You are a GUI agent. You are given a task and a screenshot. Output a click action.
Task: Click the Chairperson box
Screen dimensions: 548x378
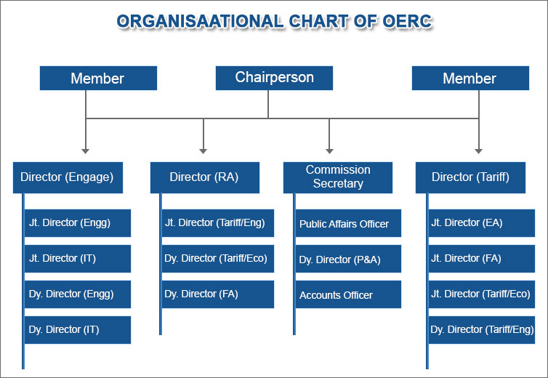pyautogui.click(x=274, y=78)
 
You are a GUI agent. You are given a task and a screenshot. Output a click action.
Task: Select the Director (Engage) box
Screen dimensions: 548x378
pyautogui.click(x=68, y=177)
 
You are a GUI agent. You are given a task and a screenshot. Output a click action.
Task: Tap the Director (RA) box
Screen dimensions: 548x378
pyautogui.click(x=205, y=177)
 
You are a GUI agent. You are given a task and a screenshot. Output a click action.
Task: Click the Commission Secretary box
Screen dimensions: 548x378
pyautogui.click(x=338, y=177)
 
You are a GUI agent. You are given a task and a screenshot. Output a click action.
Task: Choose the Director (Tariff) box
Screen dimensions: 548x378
pyautogui.click(x=470, y=177)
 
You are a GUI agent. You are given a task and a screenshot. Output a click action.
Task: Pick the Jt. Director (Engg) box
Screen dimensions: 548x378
pyautogui.click(x=78, y=223)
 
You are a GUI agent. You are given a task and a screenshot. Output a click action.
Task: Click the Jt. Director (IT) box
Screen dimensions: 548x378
pyautogui.click(x=78, y=259)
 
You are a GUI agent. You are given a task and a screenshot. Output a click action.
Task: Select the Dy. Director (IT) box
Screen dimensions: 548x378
pyautogui.click(x=78, y=330)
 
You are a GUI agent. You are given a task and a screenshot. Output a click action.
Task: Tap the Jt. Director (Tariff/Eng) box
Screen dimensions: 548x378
pyautogui.click(x=218, y=223)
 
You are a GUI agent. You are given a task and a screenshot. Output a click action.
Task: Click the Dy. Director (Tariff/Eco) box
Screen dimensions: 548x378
pyautogui.click(x=218, y=259)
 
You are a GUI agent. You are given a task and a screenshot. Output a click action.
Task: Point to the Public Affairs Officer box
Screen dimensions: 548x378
pyautogui.click(x=348, y=223)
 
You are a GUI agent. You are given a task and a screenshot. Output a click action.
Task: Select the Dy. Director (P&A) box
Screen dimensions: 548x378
pyautogui.click(x=348, y=259)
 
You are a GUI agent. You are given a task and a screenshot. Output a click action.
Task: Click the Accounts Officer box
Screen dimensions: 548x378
pyautogui.click(x=348, y=294)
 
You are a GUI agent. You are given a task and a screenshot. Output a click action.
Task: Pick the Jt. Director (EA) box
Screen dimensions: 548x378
pyautogui.click(x=482, y=223)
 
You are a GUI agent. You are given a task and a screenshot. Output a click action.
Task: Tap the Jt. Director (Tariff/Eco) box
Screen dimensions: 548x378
pyautogui.click(x=482, y=294)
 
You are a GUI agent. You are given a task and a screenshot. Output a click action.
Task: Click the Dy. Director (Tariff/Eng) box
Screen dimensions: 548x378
pyautogui.click(x=482, y=330)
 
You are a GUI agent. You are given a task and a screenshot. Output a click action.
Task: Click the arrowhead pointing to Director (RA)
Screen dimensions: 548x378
pyautogui.click(x=203, y=151)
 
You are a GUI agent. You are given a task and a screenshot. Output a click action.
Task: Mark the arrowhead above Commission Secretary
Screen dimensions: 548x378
pyautogui.click(x=329, y=151)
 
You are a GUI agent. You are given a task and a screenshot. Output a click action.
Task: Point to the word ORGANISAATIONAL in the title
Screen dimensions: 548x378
pyautogui.click(x=200, y=21)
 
